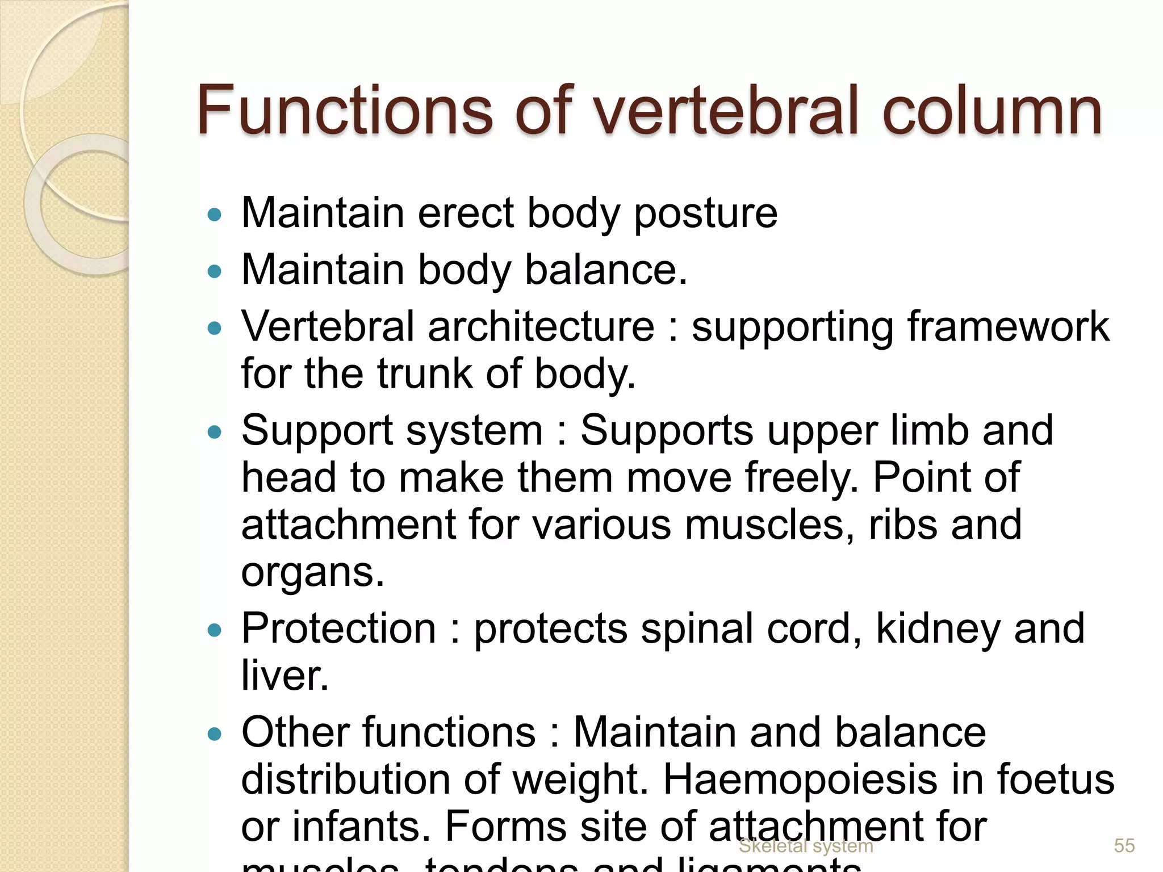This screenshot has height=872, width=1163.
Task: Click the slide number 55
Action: pos(1124,845)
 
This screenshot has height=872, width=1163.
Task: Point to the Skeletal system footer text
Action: pos(805,846)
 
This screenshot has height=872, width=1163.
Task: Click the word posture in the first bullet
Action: pos(705,214)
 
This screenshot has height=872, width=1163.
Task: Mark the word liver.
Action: pos(285,676)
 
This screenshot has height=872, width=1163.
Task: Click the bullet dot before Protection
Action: pos(214,630)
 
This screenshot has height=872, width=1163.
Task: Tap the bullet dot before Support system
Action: pos(214,432)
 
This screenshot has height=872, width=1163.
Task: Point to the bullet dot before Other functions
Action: pos(214,734)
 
